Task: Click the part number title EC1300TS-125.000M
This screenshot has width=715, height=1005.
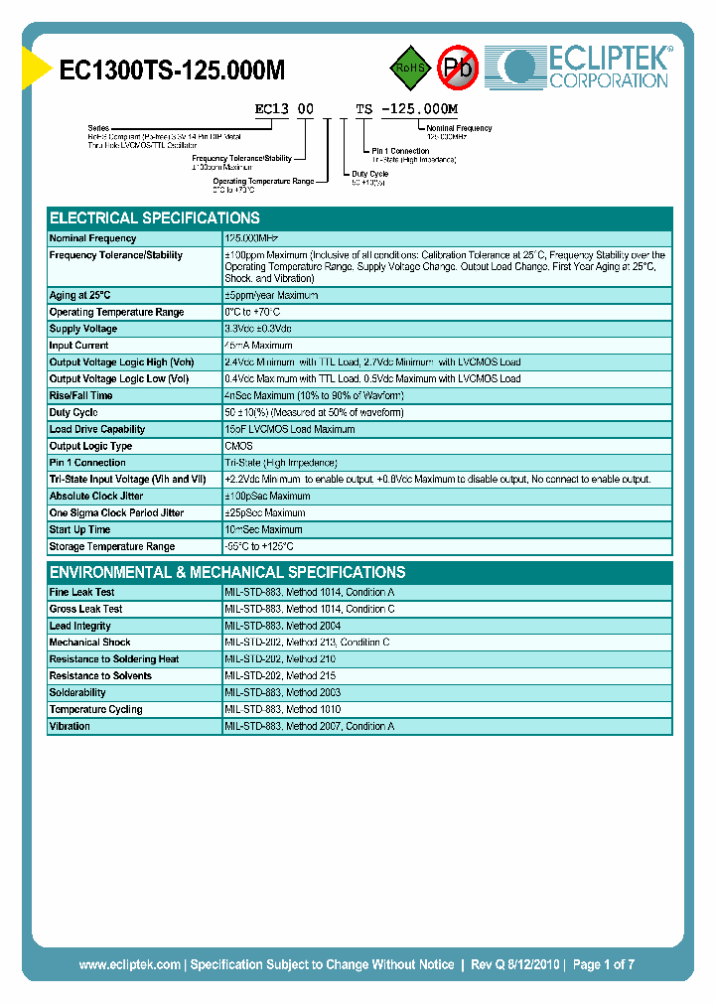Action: coord(172,70)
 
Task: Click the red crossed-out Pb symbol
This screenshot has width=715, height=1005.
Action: coord(459,68)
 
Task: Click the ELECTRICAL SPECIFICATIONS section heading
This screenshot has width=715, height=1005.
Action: coord(155,218)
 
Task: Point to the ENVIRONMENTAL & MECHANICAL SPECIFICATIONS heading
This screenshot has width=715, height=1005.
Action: coord(227,573)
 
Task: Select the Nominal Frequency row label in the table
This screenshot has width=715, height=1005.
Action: coord(93,238)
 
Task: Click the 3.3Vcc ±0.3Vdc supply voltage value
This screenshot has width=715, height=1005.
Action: coord(258,329)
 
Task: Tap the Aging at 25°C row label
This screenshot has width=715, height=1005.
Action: coord(80,295)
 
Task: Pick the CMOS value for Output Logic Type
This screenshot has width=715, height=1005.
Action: coord(239,446)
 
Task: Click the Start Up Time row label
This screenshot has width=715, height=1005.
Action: coord(80,529)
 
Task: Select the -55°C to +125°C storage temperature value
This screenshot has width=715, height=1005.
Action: coord(260,546)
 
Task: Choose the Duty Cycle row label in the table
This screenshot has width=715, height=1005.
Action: coord(73,412)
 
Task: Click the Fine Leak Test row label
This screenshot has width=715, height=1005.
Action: coord(82,592)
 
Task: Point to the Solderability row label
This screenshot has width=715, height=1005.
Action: coord(77,692)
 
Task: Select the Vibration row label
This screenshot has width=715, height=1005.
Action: coord(70,726)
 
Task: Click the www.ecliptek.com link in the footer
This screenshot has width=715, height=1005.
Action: coord(129,964)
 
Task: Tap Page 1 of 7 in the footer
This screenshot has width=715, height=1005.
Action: coord(603,964)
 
